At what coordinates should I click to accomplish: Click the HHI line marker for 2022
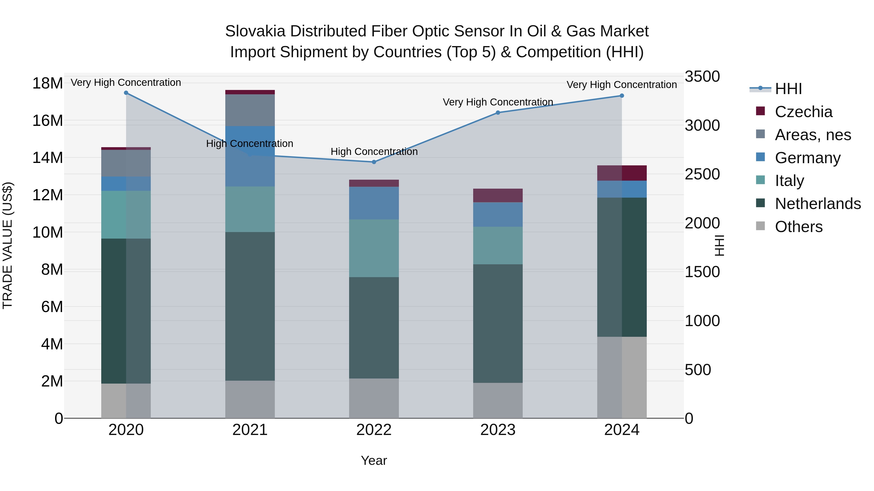click(374, 162)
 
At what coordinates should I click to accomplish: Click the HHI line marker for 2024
click(622, 96)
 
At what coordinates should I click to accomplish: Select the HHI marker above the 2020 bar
click(126, 93)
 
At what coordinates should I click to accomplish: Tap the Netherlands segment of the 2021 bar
click(250, 306)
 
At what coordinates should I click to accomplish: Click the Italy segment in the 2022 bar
click(374, 248)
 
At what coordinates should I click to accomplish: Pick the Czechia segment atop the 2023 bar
click(498, 195)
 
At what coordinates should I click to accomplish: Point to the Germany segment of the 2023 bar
click(498, 215)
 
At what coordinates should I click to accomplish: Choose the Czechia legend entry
click(803, 112)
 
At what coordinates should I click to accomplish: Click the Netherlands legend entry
click(818, 204)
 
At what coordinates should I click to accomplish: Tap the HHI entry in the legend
click(788, 89)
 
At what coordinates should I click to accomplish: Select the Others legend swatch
click(760, 226)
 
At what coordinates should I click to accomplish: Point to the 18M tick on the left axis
click(48, 83)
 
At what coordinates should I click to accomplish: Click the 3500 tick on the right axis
click(702, 77)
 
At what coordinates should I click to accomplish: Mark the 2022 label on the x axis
click(374, 430)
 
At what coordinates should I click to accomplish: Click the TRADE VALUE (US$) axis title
click(8, 245)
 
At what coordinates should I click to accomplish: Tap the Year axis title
click(374, 460)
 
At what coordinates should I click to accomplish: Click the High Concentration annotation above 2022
click(374, 152)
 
